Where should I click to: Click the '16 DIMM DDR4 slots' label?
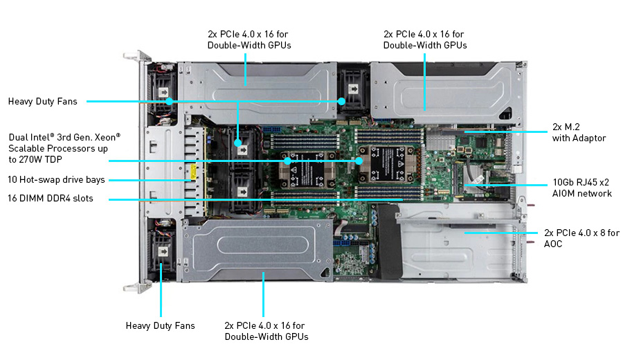tap(51, 199)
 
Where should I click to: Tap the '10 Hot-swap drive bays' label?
tap(57, 180)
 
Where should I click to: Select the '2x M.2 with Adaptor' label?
tap(579, 133)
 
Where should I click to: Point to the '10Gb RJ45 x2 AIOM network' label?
tap(581, 188)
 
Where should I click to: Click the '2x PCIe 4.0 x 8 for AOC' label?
tap(581, 238)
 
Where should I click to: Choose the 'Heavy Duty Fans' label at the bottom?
tap(160, 325)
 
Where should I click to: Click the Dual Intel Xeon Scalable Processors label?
tap(64, 147)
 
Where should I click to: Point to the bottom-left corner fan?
tap(163, 253)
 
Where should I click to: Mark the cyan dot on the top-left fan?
tap(170, 102)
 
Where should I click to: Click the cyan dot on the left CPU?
tap(289, 161)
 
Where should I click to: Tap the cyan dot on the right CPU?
tap(359, 161)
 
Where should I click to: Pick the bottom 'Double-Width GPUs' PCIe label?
tap(267, 331)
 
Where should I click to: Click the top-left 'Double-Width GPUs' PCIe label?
tap(249, 39)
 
